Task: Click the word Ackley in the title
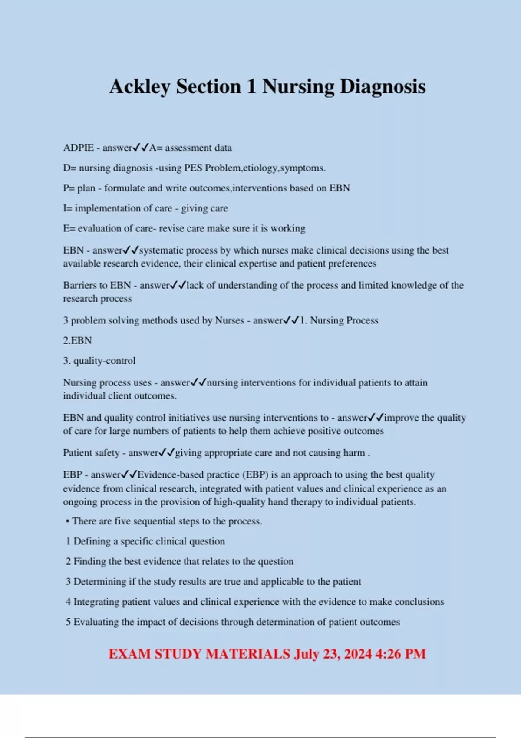(x=140, y=87)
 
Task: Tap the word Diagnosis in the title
(x=383, y=87)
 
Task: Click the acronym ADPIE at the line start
(x=78, y=148)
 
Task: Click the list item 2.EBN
(x=77, y=340)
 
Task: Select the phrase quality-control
(x=104, y=361)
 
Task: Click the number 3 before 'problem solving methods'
(x=66, y=320)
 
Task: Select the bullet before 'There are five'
(x=67, y=521)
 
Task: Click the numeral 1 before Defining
(x=68, y=541)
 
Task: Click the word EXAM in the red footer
(x=129, y=654)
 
